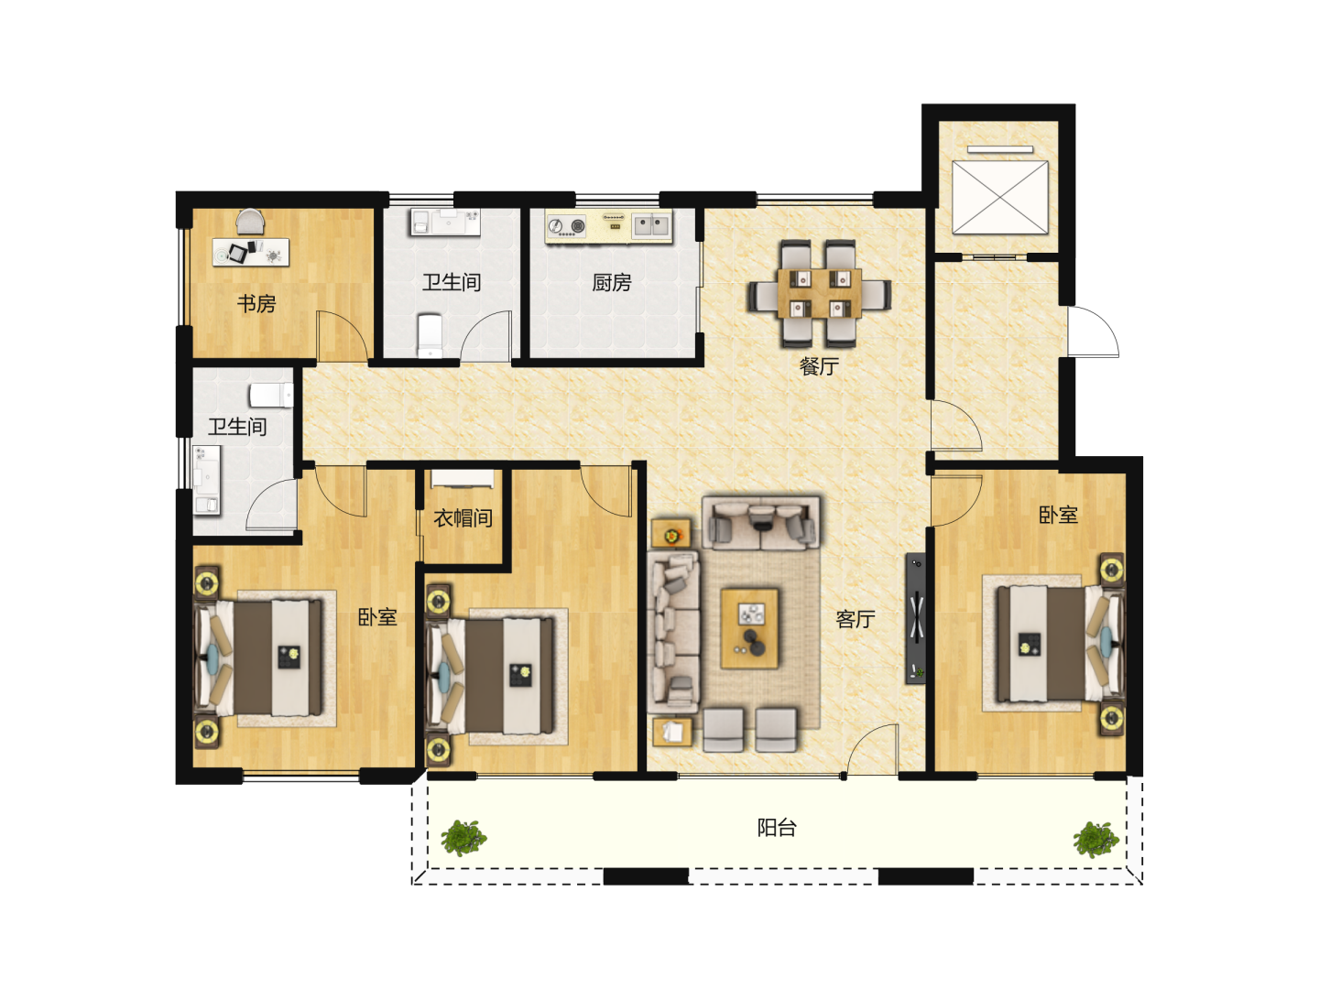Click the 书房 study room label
point(256,304)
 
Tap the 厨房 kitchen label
point(611,282)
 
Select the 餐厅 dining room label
point(819,365)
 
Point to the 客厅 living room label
point(856,619)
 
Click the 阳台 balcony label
point(777,828)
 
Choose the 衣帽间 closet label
point(463,517)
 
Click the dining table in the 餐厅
point(819,294)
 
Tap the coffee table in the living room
point(749,629)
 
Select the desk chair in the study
point(250,221)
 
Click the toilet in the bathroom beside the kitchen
point(430,334)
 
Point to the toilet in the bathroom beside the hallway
point(271,396)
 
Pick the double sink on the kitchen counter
point(652,226)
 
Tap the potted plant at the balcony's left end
point(463,838)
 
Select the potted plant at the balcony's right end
point(1096,840)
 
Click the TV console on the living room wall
point(915,617)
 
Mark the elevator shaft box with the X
point(1000,197)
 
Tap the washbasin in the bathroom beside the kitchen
point(446,223)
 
